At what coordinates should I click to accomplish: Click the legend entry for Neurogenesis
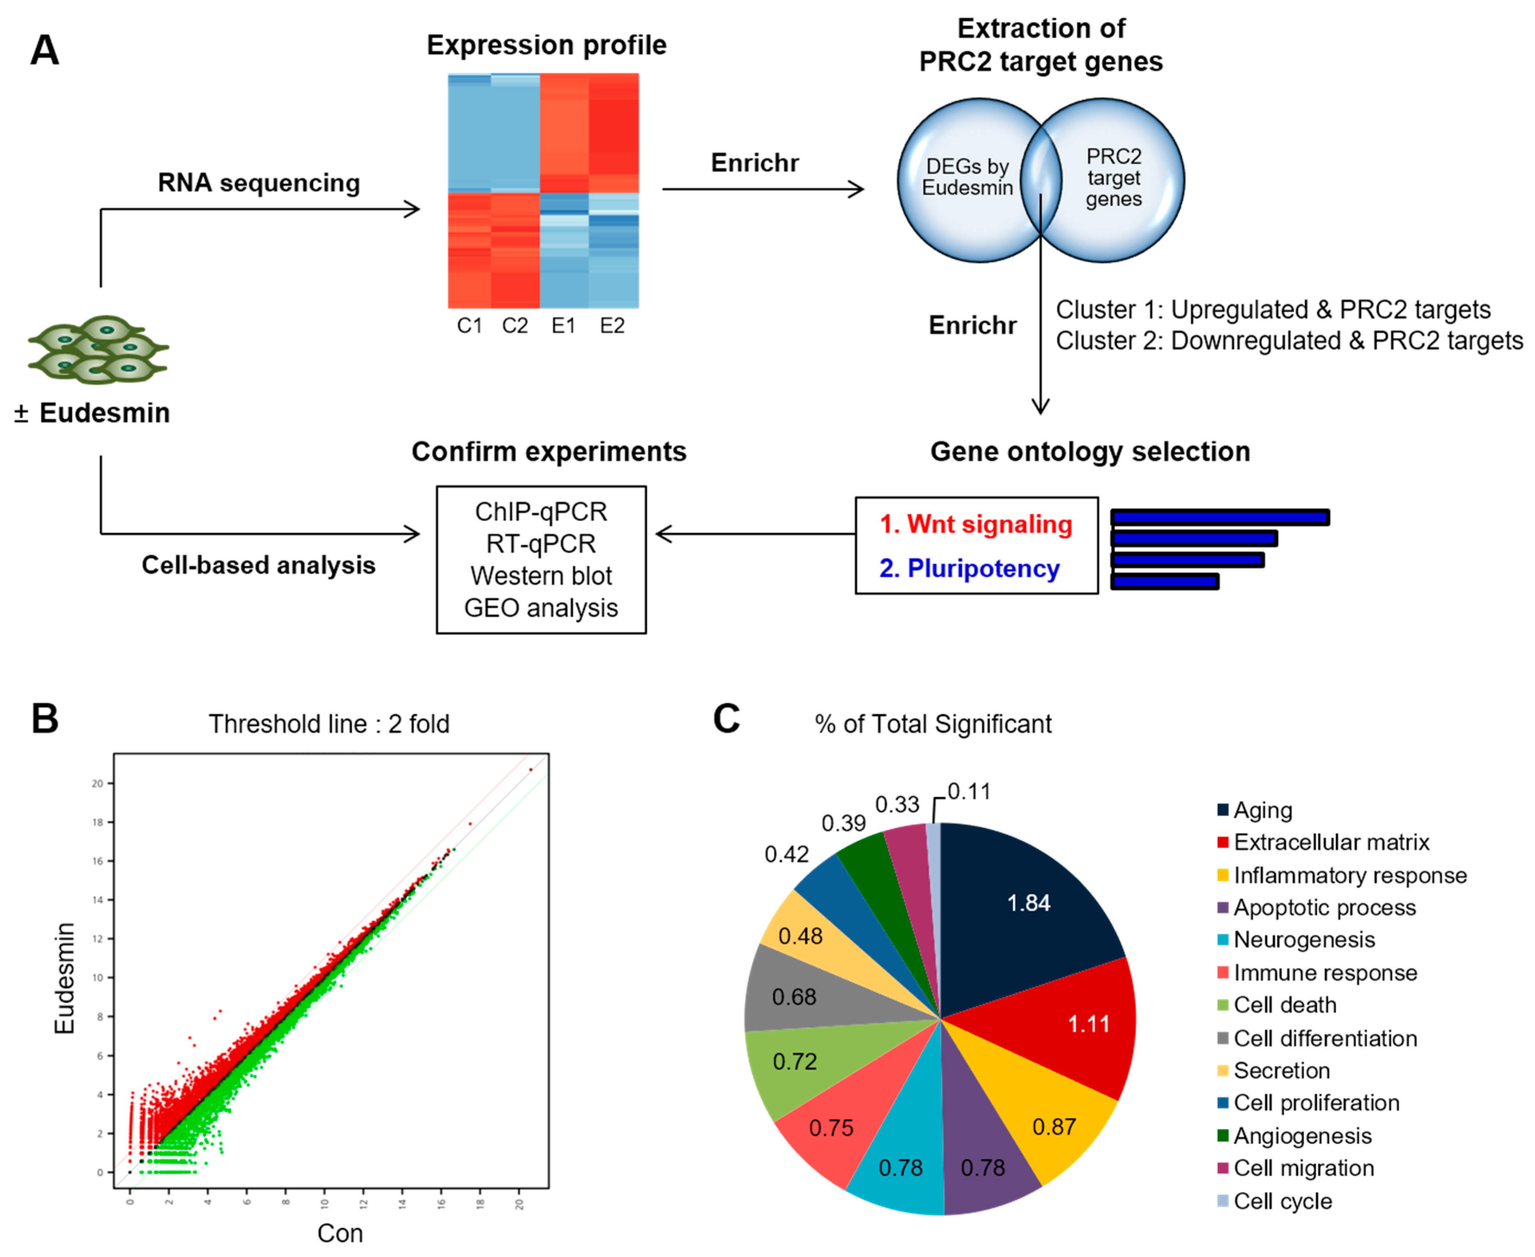pyautogui.click(x=1303, y=940)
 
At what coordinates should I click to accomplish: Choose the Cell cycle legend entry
pyautogui.click(x=1282, y=1201)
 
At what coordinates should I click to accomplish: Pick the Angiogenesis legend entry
pyautogui.click(x=1302, y=1136)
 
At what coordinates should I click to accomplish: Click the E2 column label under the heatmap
pyautogui.click(x=612, y=326)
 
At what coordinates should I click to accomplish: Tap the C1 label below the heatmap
pyautogui.click(x=469, y=326)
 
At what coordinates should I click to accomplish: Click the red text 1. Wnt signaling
pyautogui.click(x=975, y=524)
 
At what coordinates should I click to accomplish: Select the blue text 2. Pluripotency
pyautogui.click(x=969, y=569)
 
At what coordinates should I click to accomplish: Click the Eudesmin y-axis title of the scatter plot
pyautogui.click(x=65, y=977)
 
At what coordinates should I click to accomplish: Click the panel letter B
pyautogui.click(x=45, y=719)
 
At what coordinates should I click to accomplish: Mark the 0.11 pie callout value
pyautogui.click(x=969, y=791)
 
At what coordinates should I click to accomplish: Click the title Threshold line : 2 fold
pyautogui.click(x=329, y=724)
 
